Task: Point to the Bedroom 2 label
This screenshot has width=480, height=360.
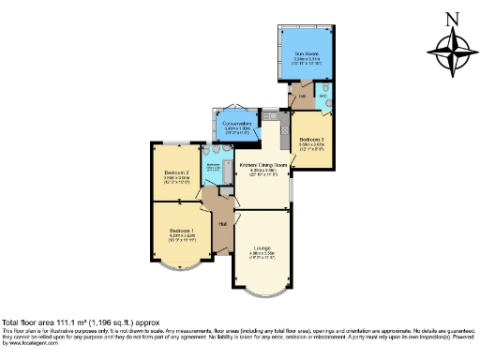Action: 176,173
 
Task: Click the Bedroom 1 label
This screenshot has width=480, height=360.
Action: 183,231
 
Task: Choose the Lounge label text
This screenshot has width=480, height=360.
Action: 262,247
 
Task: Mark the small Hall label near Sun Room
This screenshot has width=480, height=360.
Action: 303,95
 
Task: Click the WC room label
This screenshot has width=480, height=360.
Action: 323,95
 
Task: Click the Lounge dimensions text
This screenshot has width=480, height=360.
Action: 262,254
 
